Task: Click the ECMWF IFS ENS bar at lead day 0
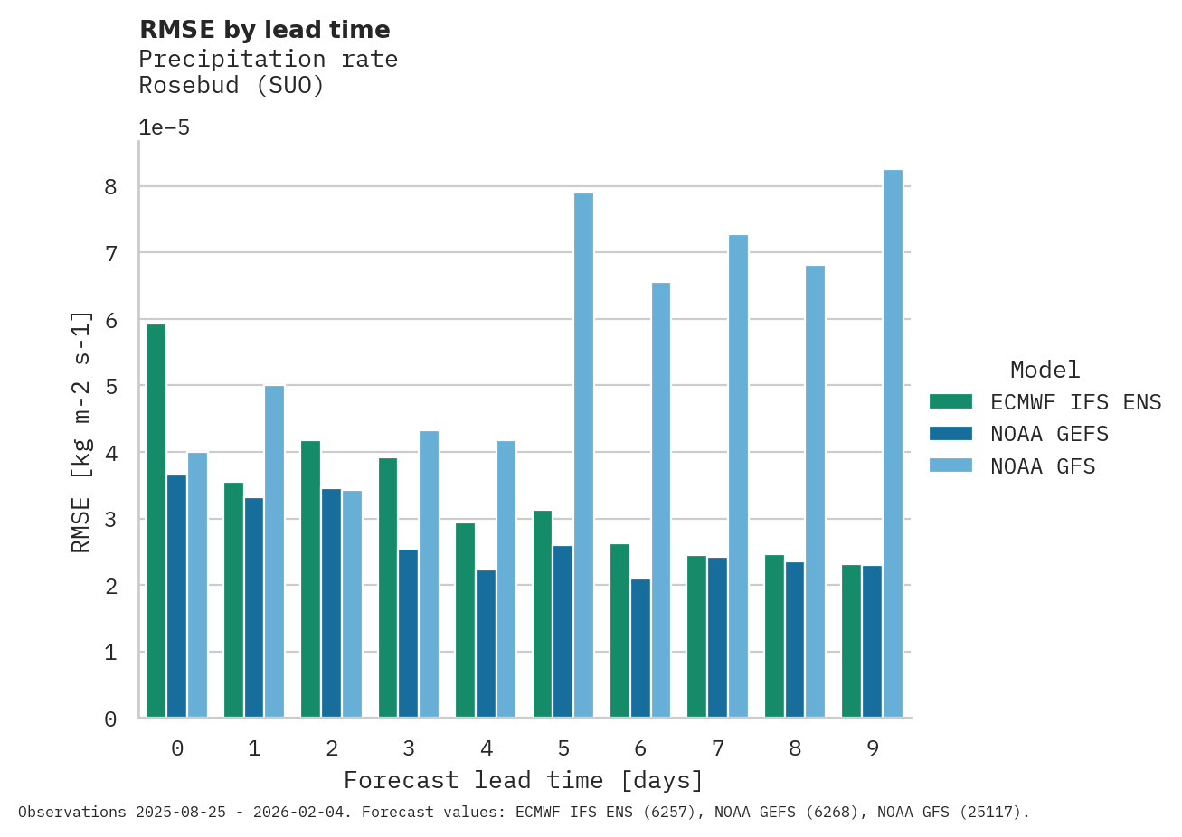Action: pos(156,521)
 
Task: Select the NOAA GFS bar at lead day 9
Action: pos(893,444)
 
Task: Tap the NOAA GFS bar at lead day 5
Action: pos(583,456)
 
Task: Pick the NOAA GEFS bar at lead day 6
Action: pos(640,648)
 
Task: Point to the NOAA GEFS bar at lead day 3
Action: pos(409,633)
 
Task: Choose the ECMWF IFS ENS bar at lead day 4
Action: pos(465,620)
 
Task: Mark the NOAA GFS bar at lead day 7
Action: pos(738,476)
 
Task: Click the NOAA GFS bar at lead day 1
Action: pos(274,551)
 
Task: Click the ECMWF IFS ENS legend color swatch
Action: pos(950,401)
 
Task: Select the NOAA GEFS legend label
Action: pos(1049,434)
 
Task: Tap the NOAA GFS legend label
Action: pos(1043,466)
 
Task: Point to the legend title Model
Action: pos(1045,370)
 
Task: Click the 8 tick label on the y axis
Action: pos(111,187)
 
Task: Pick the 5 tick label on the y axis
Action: pos(111,387)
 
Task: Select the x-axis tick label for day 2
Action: pos(332,748)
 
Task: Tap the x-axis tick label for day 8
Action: pos(795,748)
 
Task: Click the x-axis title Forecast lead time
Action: pos(523,780)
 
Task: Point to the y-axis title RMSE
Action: pos(80,431)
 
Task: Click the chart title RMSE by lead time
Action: pos(265,30)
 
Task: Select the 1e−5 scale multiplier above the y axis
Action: pos(164,127)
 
